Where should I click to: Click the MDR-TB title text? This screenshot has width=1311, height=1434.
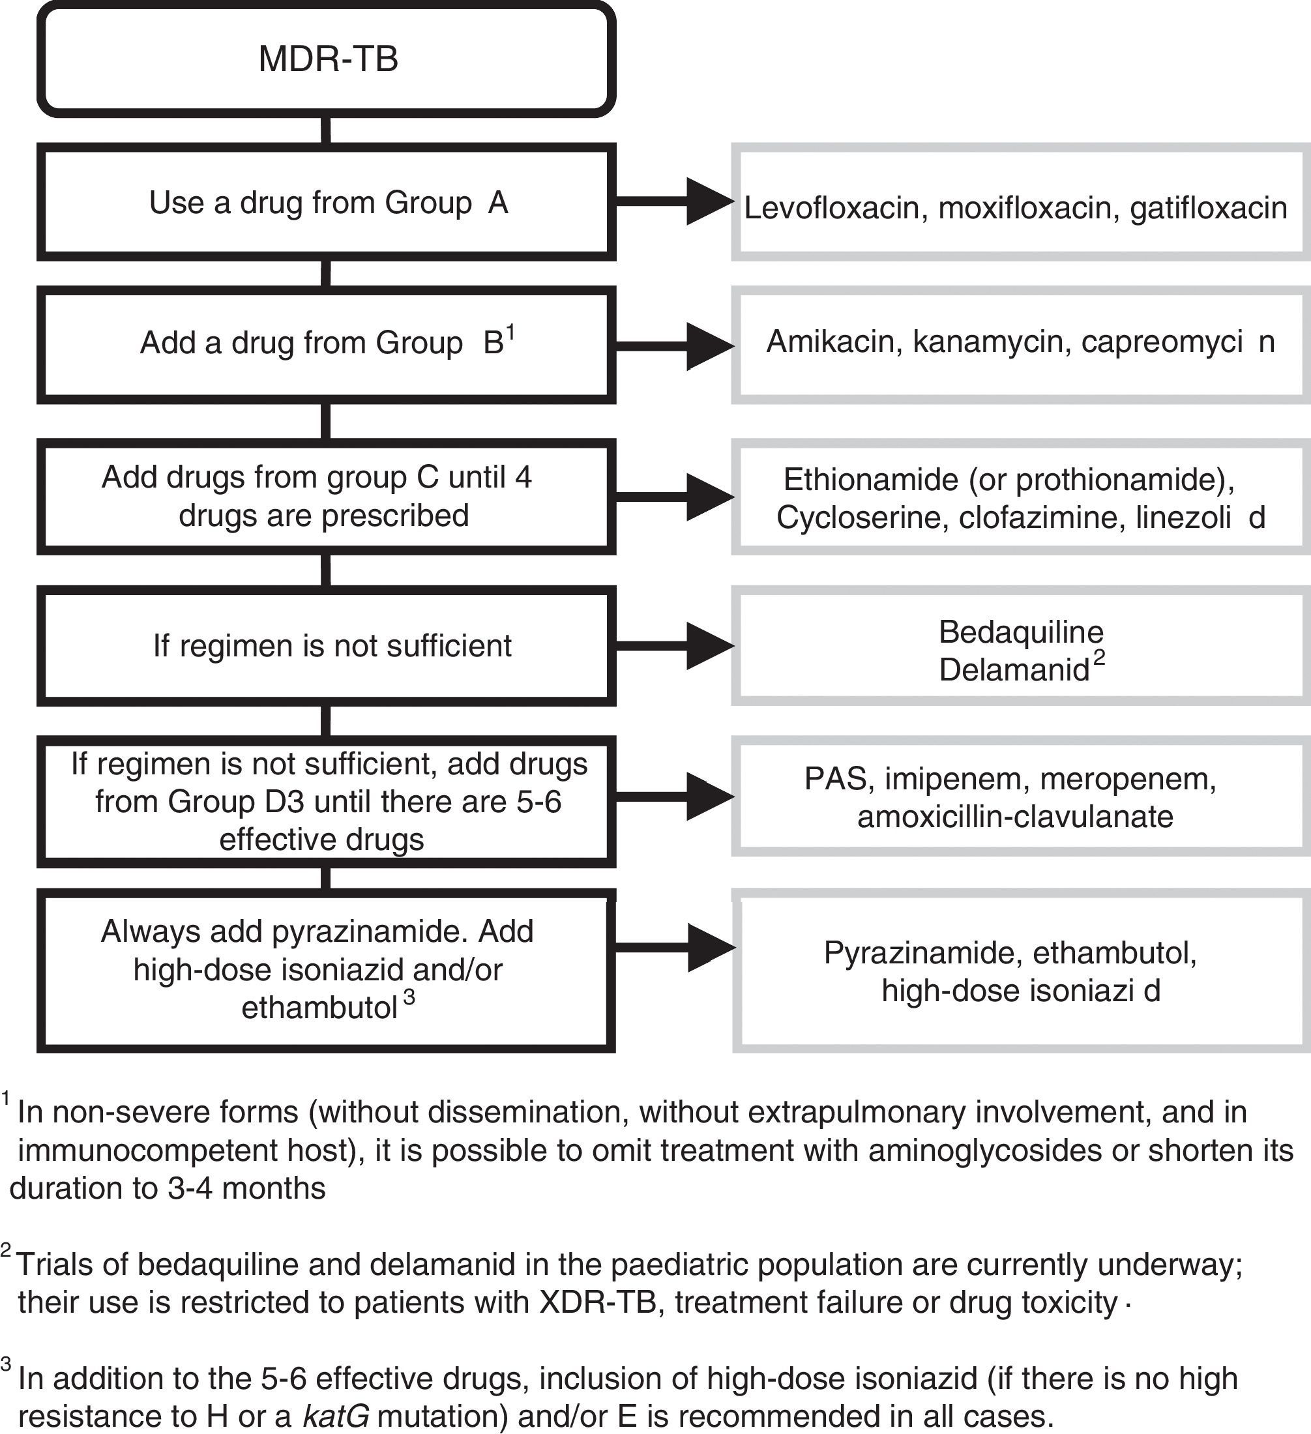point(328,59)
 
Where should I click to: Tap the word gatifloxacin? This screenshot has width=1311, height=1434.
point(1209,209)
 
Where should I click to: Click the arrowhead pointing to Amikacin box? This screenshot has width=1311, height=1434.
point(709,345)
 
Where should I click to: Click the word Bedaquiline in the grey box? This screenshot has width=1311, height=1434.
point(1020,632)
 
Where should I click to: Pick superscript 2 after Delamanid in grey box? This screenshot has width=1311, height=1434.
point(1099,659)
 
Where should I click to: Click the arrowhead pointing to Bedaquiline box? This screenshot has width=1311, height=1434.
point(709,646)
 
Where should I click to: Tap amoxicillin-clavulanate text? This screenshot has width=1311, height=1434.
point(1015,817)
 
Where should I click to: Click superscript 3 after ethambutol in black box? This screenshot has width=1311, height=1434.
point(409,998)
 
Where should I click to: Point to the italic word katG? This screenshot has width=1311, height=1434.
point(336,1416)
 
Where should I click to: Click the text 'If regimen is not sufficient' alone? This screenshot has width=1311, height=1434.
point(332,646)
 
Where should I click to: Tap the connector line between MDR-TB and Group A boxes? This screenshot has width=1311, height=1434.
point(326,131)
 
